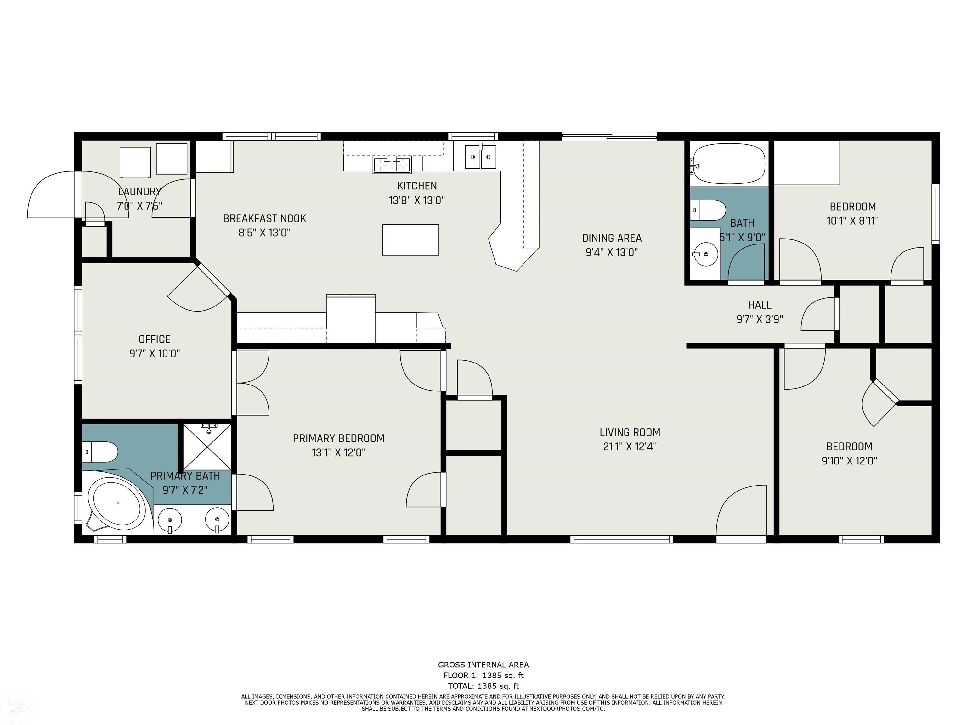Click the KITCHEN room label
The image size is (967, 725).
pyautogui.click(x=417, y=186)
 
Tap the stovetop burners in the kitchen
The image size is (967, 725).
pyautogui.click(x=392, y=165)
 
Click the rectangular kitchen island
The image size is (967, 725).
pyautogui.click(x=410, y=239)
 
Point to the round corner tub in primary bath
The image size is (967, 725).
pyautogui.click(x=117, y=503)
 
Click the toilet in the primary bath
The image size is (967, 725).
pyautogui.click(x=100, y=452)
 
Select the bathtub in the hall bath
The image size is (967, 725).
pyautogui.click(x=727, y=165)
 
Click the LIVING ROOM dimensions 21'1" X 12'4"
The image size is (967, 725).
pyautogui.click(x=630, y=447)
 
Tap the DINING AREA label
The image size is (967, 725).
pyautogui.click(x=612, y=238)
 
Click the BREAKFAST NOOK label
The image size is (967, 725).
pyautogui.click(x=264, y=218)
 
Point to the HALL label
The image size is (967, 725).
pyautogui.click(x=760, y=305)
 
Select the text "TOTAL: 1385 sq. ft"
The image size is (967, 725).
pyautogui.click(x=483, y=686)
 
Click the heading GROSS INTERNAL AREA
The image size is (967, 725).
pyautogui.click(x=483, y=665)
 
